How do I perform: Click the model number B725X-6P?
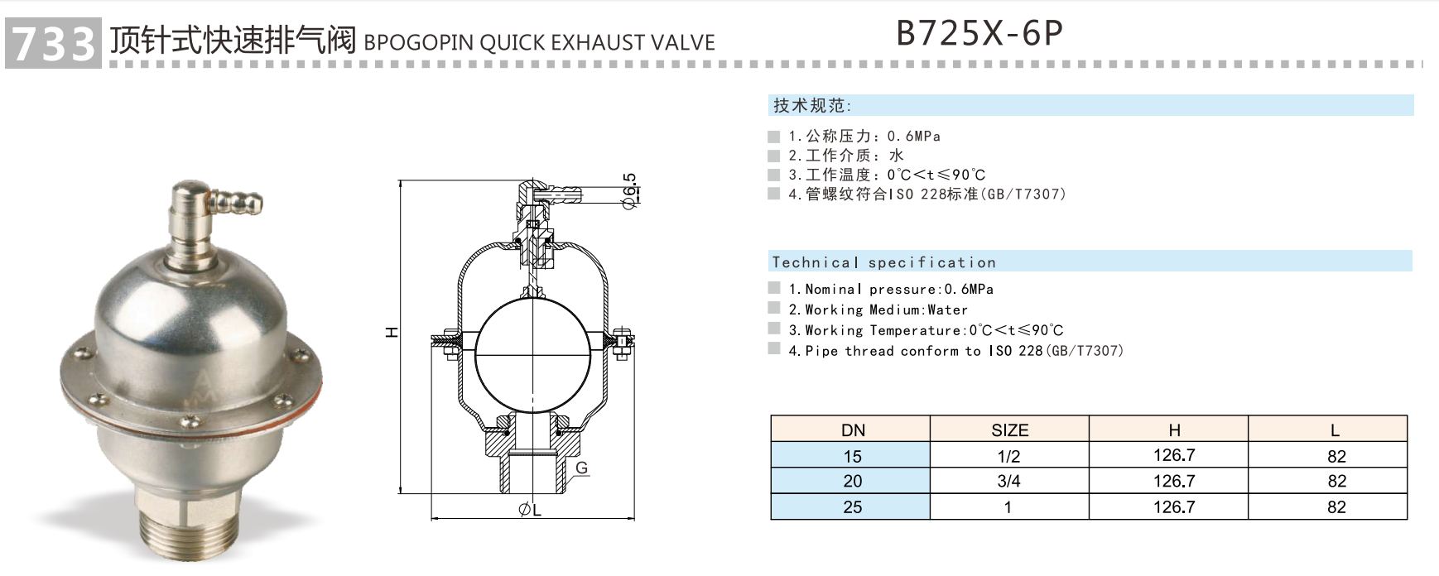979,34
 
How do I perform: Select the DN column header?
852,430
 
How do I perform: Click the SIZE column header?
1009,430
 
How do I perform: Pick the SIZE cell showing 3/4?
1008,481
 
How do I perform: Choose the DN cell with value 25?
852,506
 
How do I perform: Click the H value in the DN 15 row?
1173,455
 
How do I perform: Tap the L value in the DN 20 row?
1336,481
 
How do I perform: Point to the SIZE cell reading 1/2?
1008,455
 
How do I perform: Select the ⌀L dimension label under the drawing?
530,510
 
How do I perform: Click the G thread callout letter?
581,468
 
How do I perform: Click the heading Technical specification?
883,262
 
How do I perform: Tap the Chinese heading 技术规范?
811,105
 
